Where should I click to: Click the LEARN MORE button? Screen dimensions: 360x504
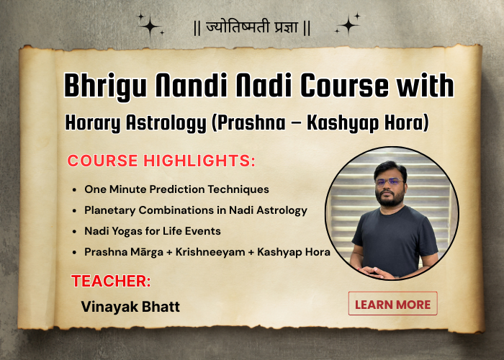[392, 304]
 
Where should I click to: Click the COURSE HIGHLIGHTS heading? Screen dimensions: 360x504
[161, 161]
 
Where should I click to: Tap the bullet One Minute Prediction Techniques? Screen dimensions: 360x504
[176, 189]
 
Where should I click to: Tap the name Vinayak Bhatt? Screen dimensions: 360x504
[130, 307]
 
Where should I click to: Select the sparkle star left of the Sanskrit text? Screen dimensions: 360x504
[150, 26]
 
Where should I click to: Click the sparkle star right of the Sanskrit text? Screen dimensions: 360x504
[348, 25]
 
